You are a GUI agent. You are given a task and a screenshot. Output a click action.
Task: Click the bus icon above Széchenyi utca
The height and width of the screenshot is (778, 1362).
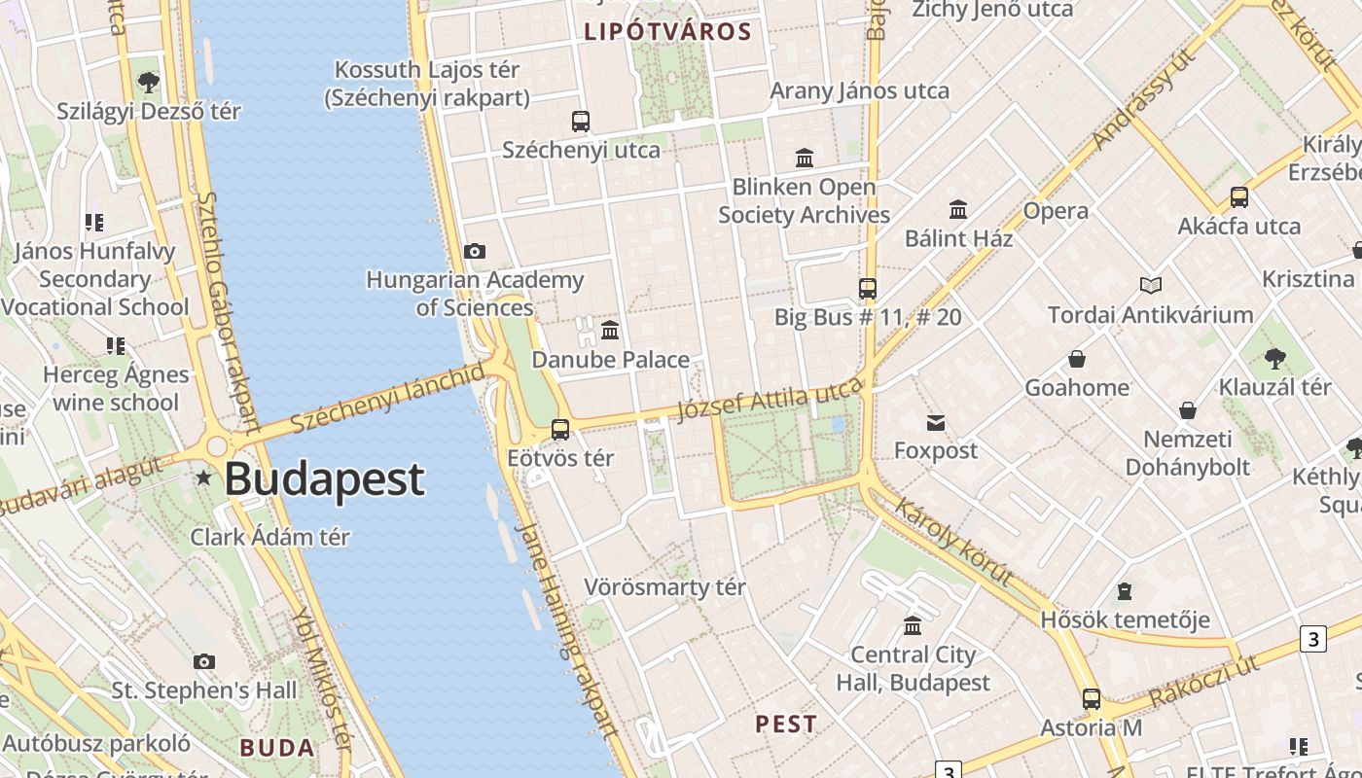coord(581,122)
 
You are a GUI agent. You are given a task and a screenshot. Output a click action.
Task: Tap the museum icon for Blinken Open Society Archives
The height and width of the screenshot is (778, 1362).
coord(805,158)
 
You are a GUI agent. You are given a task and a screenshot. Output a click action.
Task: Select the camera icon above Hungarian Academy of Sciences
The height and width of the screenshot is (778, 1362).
coord(475,252)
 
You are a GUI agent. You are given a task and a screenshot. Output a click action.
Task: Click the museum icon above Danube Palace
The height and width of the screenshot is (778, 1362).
coord(610,331)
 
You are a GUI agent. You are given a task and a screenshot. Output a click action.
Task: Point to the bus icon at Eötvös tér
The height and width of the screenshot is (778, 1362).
coord(560,429)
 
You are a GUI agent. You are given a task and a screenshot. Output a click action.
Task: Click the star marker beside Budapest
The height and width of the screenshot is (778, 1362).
coord(203,477)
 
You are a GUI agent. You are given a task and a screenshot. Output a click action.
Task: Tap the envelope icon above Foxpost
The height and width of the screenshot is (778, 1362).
coord(936,422)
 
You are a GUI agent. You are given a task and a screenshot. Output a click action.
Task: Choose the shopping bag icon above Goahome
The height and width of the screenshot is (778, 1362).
coord(1077,359)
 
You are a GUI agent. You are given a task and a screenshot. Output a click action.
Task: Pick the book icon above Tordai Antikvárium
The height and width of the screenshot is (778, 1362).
coord(1151,286)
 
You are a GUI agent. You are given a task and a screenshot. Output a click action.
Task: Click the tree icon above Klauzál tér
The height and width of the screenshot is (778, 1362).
coord(1275,359)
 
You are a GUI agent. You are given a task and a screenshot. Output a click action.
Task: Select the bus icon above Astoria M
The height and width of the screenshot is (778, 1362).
coord(1092,698)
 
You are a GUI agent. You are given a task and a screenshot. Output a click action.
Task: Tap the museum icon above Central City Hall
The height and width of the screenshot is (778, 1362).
coord(913,625)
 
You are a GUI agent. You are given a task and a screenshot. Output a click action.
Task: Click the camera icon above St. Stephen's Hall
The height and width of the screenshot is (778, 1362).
coord(204,662)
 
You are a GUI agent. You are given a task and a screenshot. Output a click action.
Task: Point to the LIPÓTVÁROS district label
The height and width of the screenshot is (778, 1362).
coord(667,31)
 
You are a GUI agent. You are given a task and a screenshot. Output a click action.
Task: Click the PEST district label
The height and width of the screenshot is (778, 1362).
coord(786,725)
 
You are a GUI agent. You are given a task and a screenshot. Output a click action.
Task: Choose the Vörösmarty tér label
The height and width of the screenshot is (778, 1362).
coord(664,587)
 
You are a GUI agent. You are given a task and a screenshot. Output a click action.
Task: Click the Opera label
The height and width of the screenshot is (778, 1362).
coord(1056,211)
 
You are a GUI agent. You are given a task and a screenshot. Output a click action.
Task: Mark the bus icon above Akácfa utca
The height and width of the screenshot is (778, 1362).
coord(1239,197)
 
